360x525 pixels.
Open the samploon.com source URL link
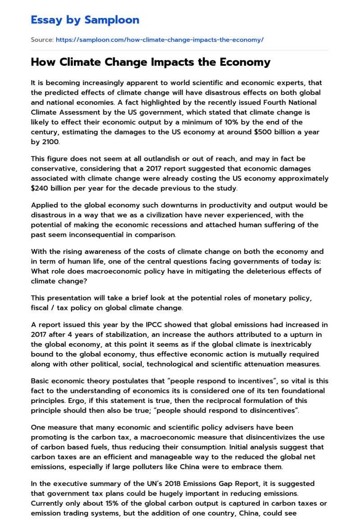(x=159, y=40)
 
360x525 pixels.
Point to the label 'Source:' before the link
(x=42, y=40)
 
